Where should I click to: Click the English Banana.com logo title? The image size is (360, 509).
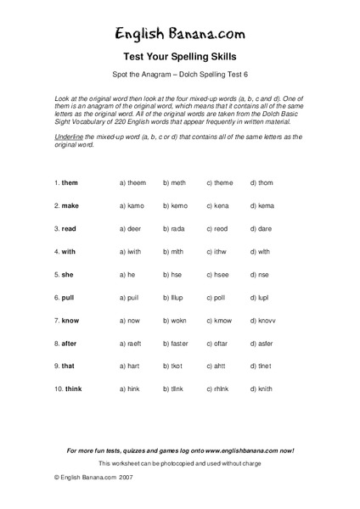(x=179, y=34)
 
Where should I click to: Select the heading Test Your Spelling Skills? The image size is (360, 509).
(x=179, y=60)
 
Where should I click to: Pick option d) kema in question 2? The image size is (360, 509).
(x=262, y=205)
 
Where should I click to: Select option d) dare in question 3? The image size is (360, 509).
(x=262, y=228)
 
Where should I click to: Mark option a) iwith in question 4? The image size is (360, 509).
(x=132, y=251)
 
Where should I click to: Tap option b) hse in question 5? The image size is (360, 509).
(x=173, y=274)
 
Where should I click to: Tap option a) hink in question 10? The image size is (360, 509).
(x=132, y=389)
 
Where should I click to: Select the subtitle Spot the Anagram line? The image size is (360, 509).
(x=179, y=76)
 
